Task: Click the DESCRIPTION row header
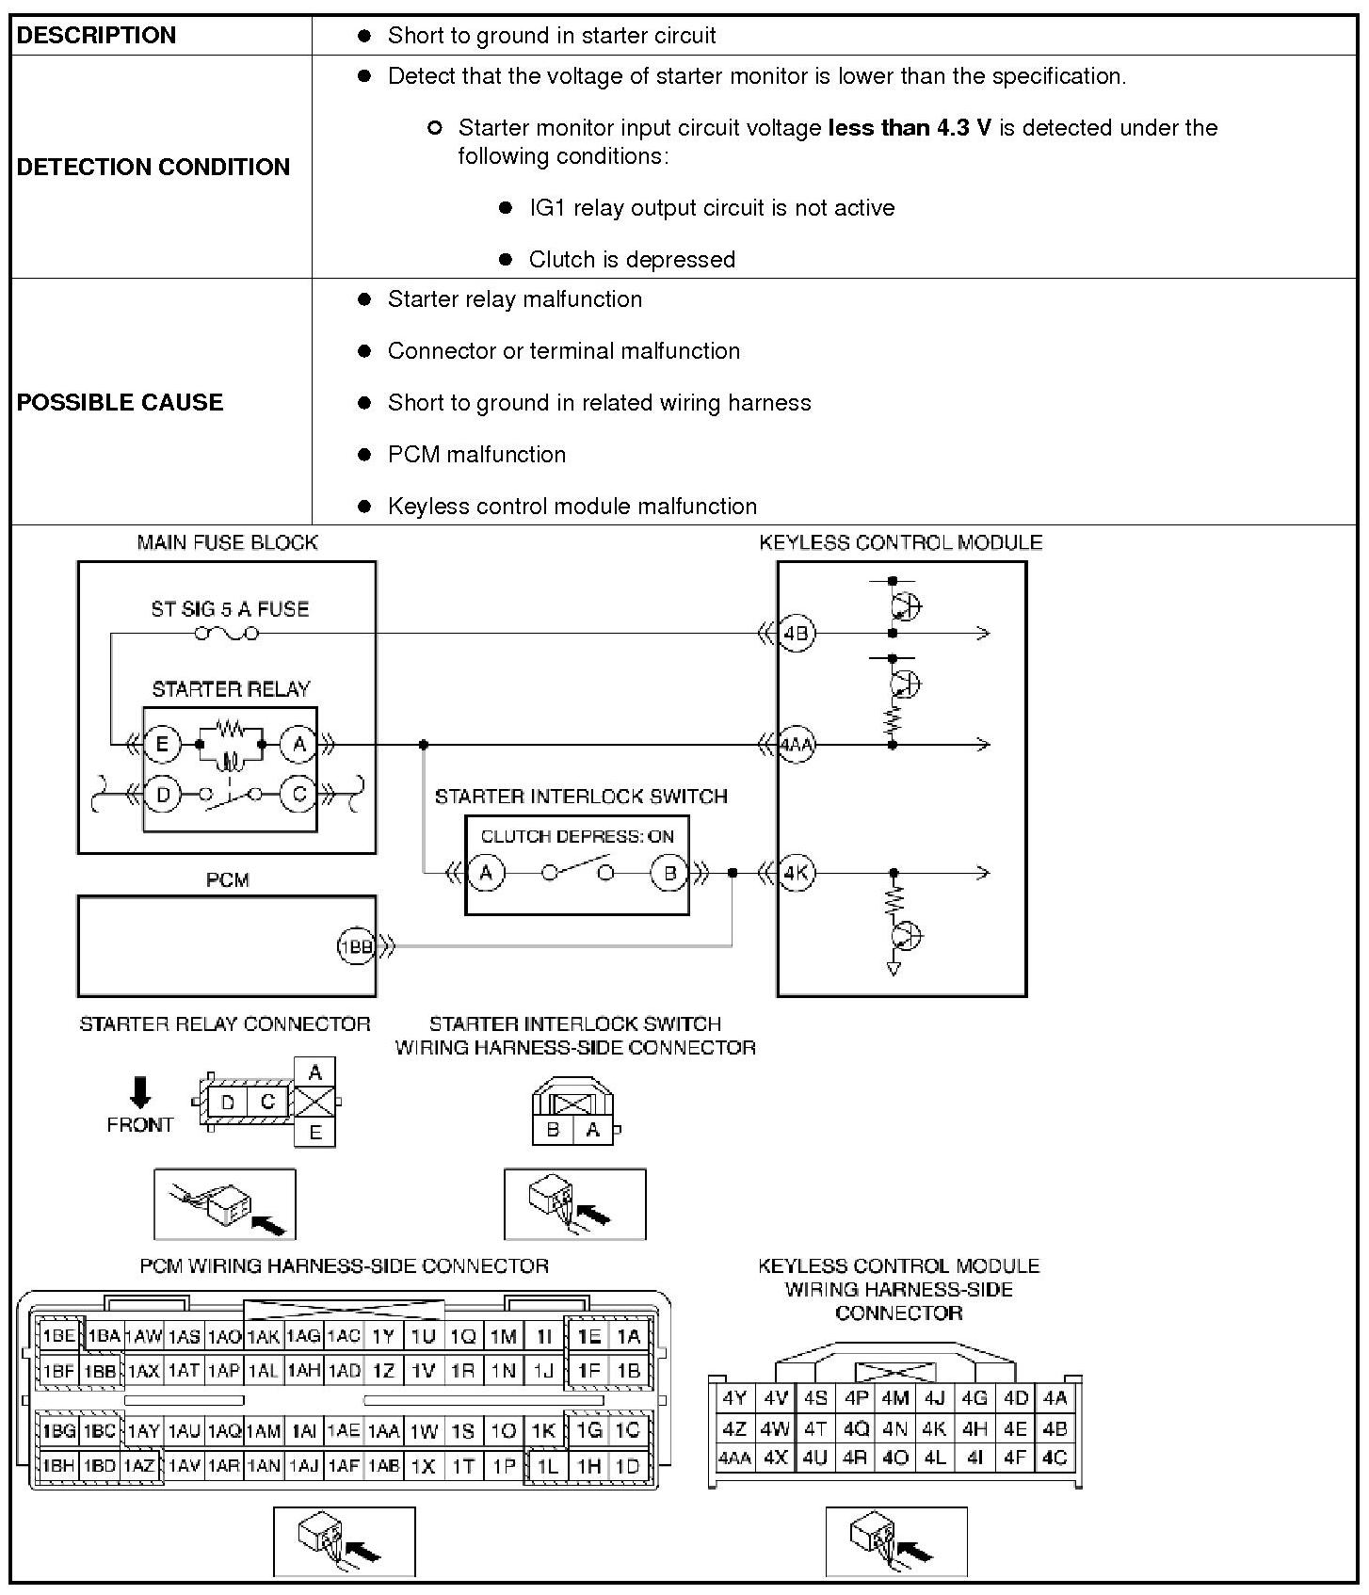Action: coord(96,36)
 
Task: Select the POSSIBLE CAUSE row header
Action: coord(120,402)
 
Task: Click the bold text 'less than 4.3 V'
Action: coord(910,128)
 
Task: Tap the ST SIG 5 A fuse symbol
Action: coord(226,634)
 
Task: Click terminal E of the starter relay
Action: coord(161,745)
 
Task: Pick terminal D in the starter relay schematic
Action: coord(163,795)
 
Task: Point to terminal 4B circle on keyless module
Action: coord(797,634)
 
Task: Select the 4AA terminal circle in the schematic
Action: coord(797,745)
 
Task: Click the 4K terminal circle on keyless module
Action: coord(797,873)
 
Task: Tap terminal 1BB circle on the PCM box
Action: coord(356,946)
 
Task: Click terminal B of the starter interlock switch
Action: coord(669,873)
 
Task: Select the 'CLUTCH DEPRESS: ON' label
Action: coord(577,836)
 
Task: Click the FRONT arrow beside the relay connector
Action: coord(140,1092)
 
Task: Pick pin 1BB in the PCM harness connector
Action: coord(100,1371)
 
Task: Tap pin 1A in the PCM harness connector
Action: coord(628,1336)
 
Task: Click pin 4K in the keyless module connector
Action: coord(934,1429)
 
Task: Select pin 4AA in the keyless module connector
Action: coord(733,1458)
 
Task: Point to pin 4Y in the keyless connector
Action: coord(733,1399)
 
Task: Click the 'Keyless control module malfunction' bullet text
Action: coord(572,507)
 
